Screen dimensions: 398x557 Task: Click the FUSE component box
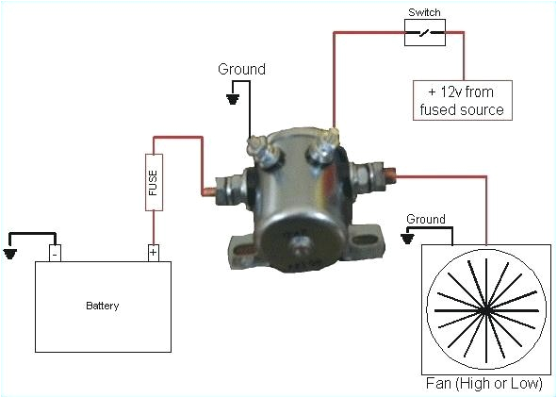click(154, 181)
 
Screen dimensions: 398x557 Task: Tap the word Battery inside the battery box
click(103, 306)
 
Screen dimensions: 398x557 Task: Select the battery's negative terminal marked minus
click(56, 252)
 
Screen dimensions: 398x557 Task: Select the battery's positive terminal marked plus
click(153, 252)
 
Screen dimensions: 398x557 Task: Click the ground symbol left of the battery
click(11, 252)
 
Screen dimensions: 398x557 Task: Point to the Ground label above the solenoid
click(241, 69)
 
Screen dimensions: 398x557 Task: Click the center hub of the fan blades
click(486, 309)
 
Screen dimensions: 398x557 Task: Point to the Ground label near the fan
click(425, 219)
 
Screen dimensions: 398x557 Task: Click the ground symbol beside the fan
click(407, 239)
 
